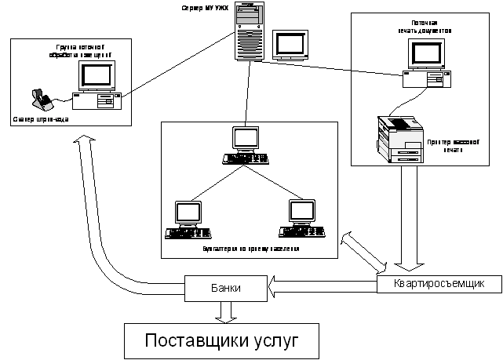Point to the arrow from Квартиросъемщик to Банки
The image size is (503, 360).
322,288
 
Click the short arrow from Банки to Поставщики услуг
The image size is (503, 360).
226,311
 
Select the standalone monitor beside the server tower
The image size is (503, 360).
290,45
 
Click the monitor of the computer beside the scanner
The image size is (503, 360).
98,76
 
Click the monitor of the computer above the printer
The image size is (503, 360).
427,53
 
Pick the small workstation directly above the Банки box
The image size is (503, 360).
188,220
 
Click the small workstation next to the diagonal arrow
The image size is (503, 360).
301,219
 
